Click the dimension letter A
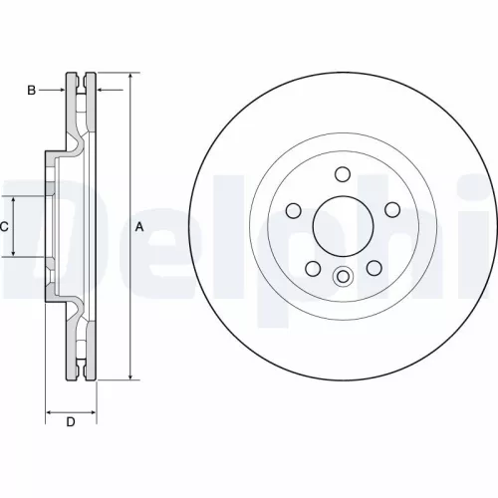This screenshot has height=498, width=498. tap(139, 227)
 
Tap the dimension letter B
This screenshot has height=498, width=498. tap(31, 91)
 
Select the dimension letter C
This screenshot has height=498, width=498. tap(4, 227)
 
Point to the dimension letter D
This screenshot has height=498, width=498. tap(71, 422)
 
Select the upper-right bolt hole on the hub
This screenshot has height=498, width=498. tap(389, 210)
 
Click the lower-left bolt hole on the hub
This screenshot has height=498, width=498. tap(311, 268)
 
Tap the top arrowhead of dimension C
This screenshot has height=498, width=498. tap(14, 199)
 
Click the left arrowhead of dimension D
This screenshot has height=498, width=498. tap(50, 410)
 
